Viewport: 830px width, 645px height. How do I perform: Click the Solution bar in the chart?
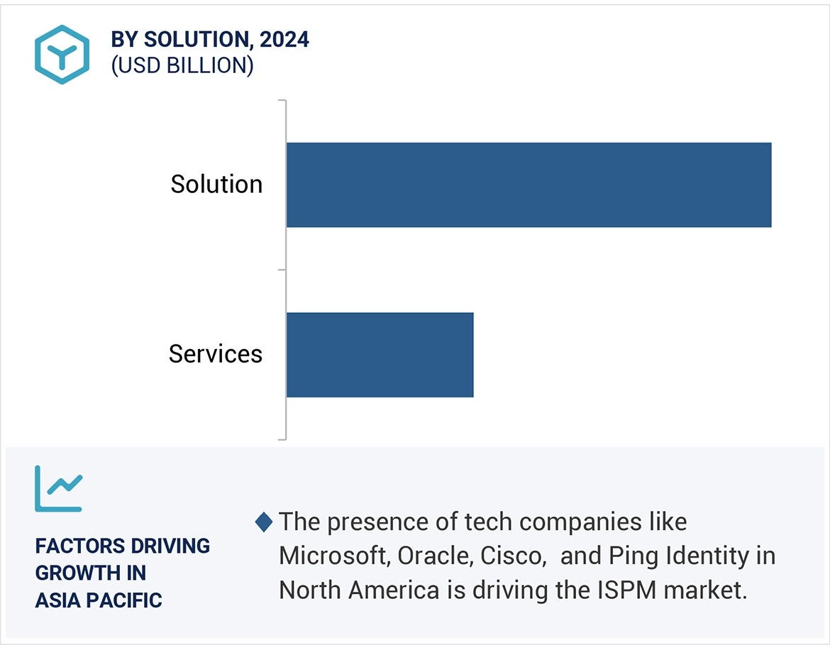(529, 184)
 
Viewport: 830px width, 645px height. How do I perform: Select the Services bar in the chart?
(380, 355)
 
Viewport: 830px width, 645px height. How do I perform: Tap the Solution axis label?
(216, 184)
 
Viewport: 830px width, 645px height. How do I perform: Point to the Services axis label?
(216, 353)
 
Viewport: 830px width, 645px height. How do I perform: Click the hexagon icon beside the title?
(62, 55)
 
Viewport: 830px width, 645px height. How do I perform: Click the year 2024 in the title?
(284, 40)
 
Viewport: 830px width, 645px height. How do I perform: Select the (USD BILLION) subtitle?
(182, 65)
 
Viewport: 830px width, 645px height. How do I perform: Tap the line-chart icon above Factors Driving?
(59, 488)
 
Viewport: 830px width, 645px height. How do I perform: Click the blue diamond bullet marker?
(264, 523)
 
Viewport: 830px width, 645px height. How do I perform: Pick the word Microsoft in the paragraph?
(333, 556)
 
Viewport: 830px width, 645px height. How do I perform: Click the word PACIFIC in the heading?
(128, 600)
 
